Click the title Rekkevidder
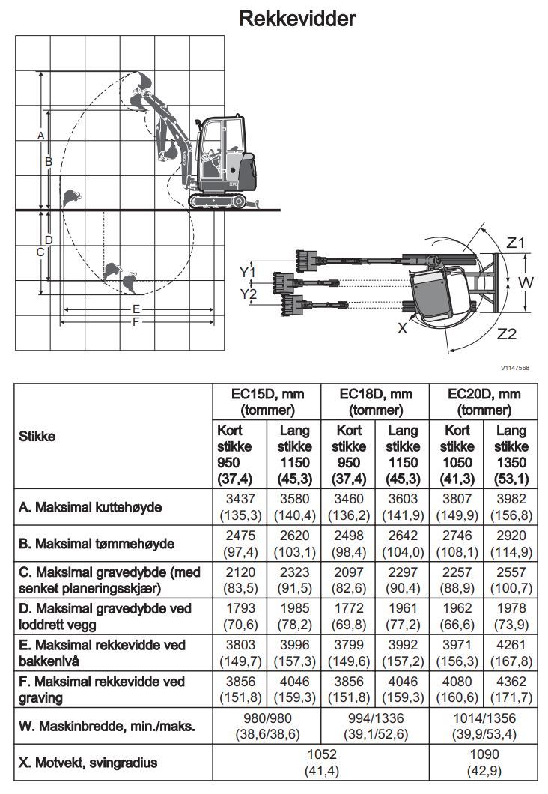tap(296, 18)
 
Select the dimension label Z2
tap(507, 333)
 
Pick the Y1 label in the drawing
tap(248, 271)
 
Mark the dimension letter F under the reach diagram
tap(136, 322)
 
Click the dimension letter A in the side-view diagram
tap(41, 135)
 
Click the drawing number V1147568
tap(515, 368)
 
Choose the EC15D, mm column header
tap(267, 402)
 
